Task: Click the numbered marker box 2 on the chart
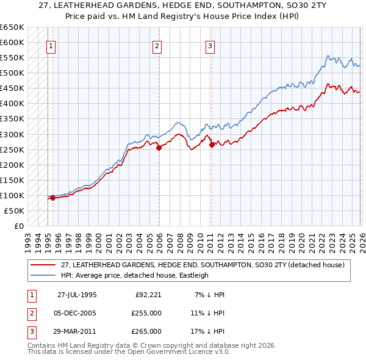(157, 45)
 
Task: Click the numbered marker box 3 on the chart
(210, 45)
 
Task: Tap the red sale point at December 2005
(159, 147)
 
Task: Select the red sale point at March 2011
(212, 145)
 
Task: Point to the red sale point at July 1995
(53, 198)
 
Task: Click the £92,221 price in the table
(148, 295)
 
